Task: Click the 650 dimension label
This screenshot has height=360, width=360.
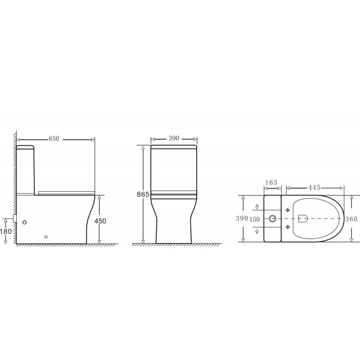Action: click(x=54, y=139)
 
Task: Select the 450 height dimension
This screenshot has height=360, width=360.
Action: click(x=100, y=221)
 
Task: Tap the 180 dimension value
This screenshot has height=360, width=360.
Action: click(x=6, y=231)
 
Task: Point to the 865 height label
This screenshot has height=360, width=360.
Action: click(x=143, y=194)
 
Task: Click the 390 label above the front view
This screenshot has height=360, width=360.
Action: click(x=174, y=139)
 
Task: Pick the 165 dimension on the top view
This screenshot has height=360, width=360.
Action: click(x=271, y=183)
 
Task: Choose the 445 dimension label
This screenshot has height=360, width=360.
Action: click(x=314, y=188)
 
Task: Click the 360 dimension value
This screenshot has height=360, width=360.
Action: click(x=351, y=219)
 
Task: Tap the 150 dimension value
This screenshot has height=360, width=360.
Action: click(x=255, y=220)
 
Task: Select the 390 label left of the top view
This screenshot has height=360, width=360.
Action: click(x=242, y=218)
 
